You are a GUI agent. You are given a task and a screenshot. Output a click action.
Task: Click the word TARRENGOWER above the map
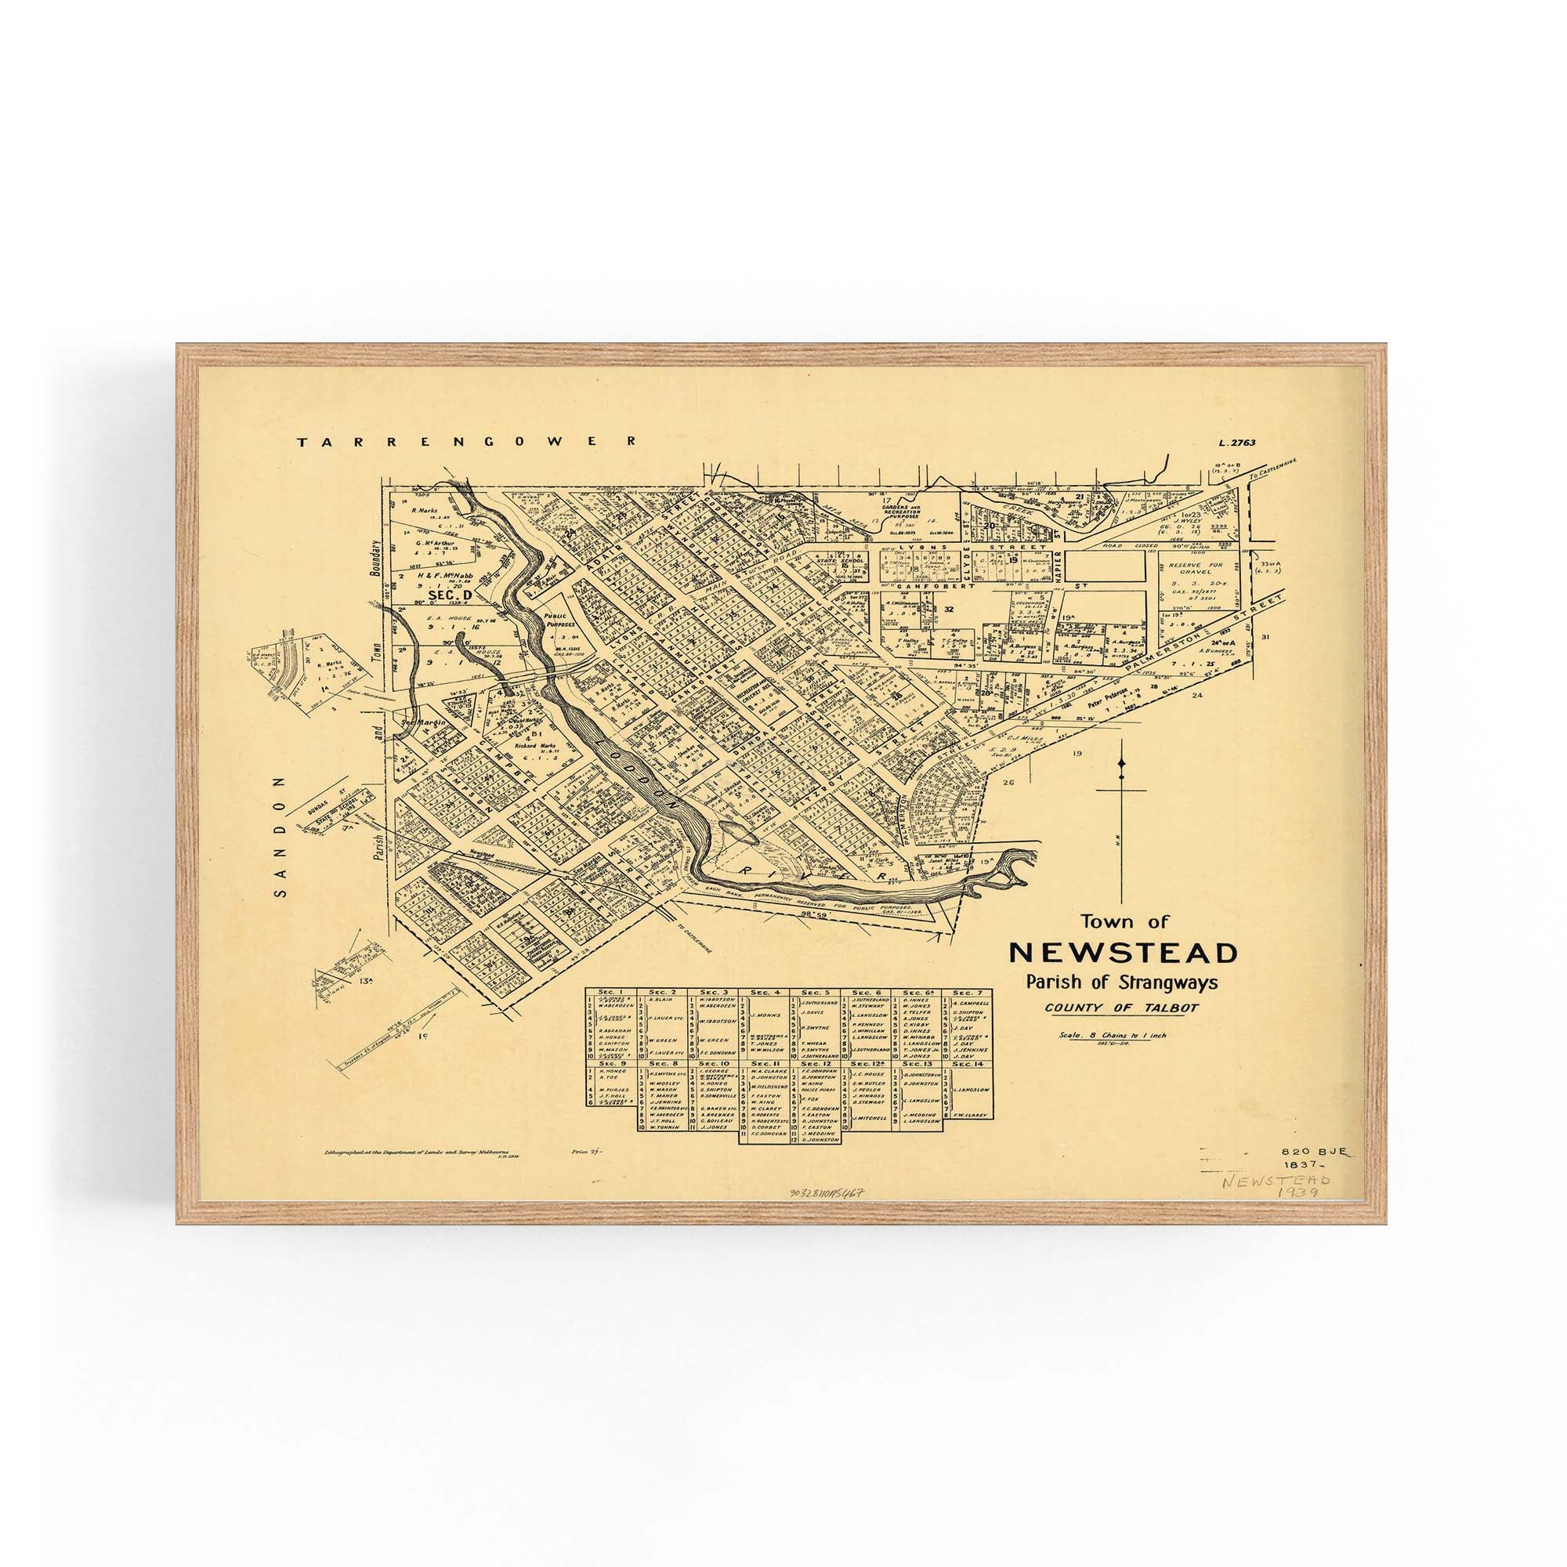[x=467, y=442]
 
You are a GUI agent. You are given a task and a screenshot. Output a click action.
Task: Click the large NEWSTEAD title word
[x=1123, y=952]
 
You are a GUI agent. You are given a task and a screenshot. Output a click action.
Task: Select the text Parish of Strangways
[x=1122, y=983]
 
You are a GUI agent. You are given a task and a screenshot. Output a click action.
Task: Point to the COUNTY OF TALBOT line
[x=1122, y=1008]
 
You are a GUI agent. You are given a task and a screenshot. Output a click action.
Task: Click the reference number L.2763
[x=1236, y=443]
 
